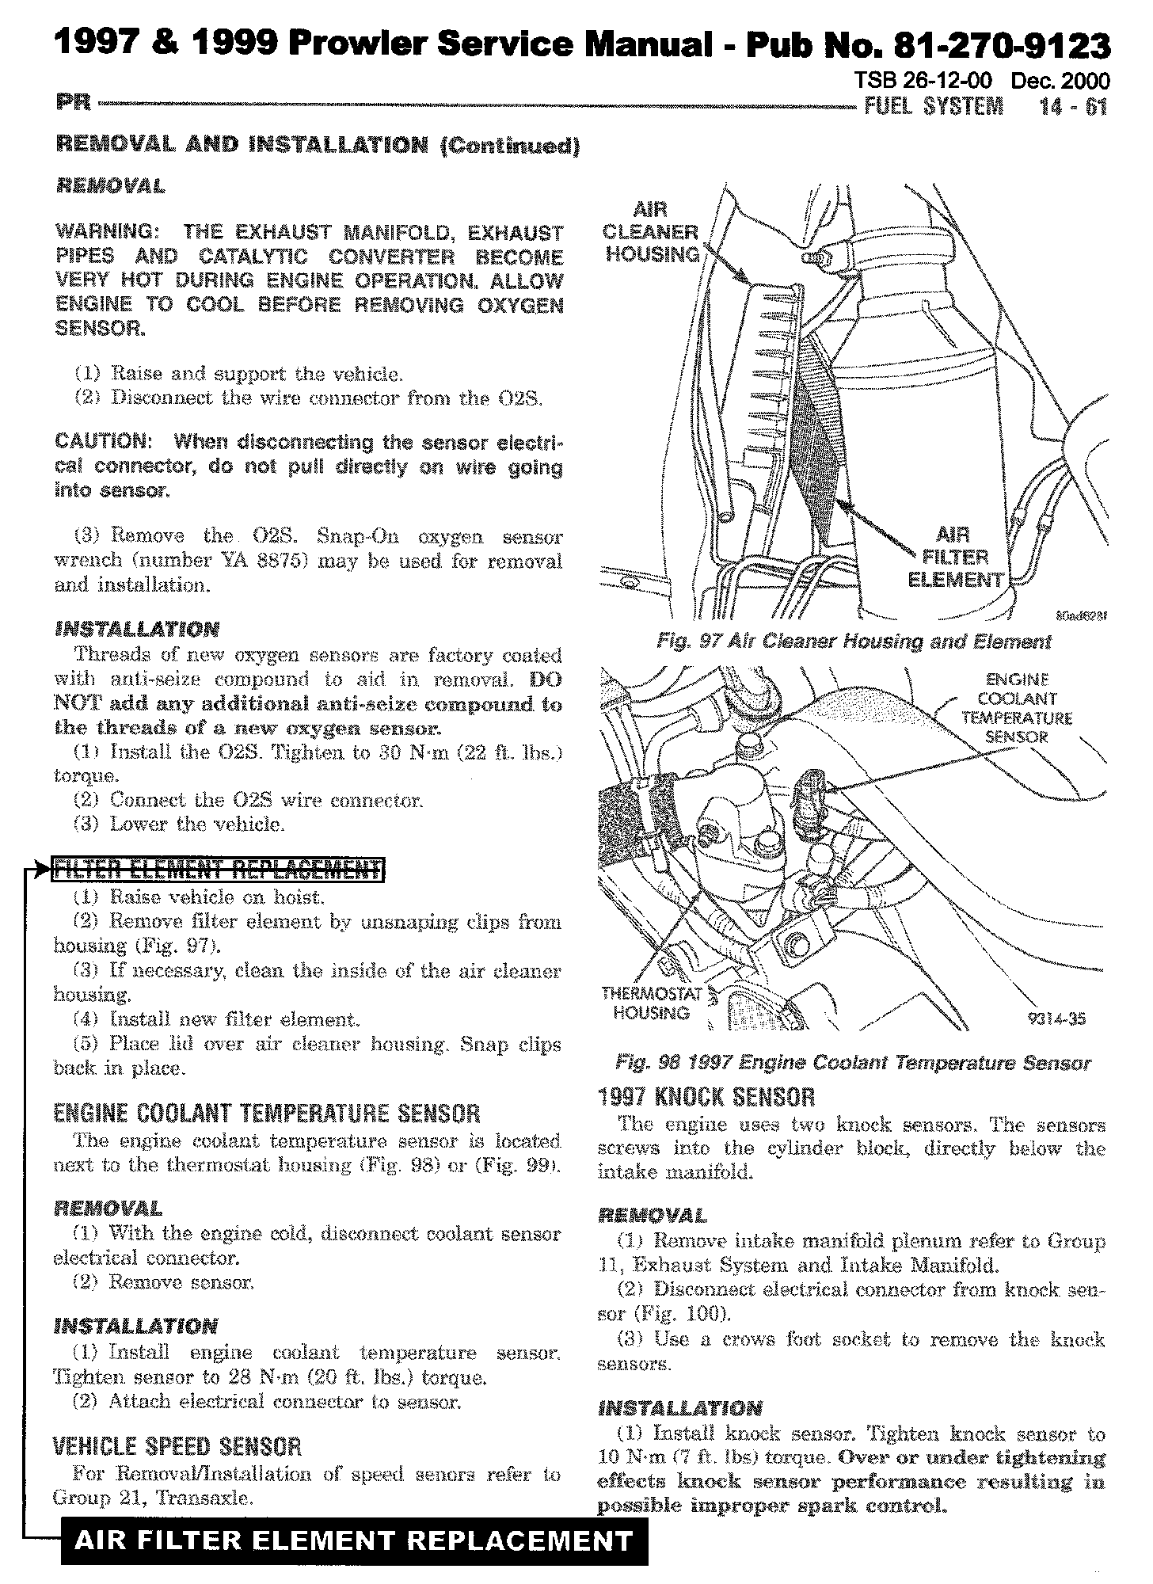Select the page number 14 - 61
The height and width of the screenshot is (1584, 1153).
click(1073, 106)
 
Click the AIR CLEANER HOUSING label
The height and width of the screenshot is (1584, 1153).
click(651, 232)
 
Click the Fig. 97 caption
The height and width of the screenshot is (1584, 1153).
click(854, 642)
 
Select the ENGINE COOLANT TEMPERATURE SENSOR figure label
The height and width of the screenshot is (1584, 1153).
click(1017, 708)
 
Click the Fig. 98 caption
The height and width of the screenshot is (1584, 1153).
click(853, 1063)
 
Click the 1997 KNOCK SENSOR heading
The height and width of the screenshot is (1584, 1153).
click(706, 1097)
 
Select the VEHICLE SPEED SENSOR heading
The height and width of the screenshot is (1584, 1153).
click(177, 1447)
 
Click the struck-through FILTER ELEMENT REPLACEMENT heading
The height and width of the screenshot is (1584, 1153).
click(217, 870)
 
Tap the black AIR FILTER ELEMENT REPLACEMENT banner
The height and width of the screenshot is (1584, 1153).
click(354, 1540)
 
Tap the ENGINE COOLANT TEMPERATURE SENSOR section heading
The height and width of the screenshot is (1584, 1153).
click(267, 1114)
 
